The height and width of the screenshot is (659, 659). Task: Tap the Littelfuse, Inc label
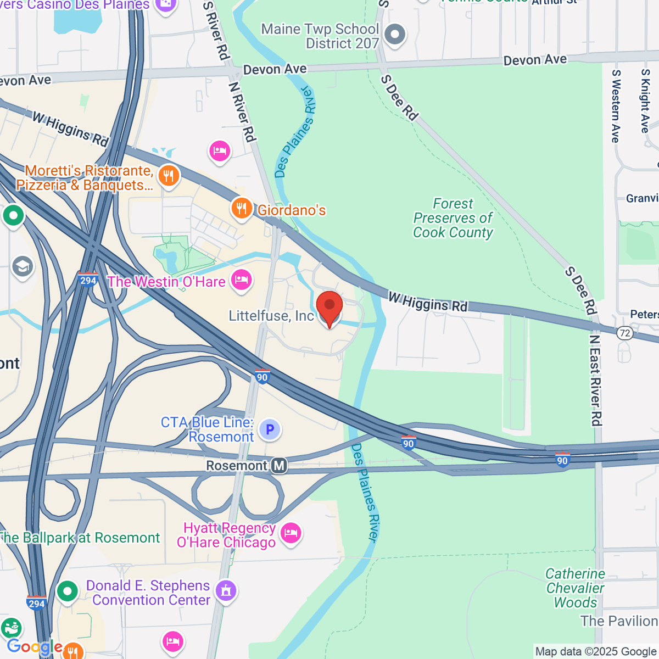click(x=271, y=316)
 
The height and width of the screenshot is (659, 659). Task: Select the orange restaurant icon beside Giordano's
click(x=241, y=209)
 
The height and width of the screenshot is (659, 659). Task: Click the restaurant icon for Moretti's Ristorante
click(x=169, y=176)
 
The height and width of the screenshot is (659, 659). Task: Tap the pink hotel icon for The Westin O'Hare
click(x=241, y=281)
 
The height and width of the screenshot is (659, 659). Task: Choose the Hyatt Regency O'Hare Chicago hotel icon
click(x=291, y=533)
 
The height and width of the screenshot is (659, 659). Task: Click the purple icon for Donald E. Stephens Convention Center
click(x=226, y=591)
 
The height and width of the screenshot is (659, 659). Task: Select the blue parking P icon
click(x=270, y=429)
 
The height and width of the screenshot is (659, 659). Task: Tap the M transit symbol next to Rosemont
click(x=279, y=466)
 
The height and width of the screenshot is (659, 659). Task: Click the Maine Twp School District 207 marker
click(x=394, y=35)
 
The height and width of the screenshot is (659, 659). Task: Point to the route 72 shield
click(x=624, y=333)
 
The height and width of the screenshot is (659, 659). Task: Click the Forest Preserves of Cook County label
click(x=453, y=219)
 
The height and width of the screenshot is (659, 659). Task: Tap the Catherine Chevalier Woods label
click(x=575, y=588)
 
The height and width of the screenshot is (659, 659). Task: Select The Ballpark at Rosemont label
click(x=80, y=538)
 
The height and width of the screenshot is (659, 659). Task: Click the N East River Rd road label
click(x=595, y=379)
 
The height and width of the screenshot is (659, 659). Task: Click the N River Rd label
click(x=242, y=112)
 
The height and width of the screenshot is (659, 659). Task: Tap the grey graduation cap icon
click(x=23, y=267)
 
